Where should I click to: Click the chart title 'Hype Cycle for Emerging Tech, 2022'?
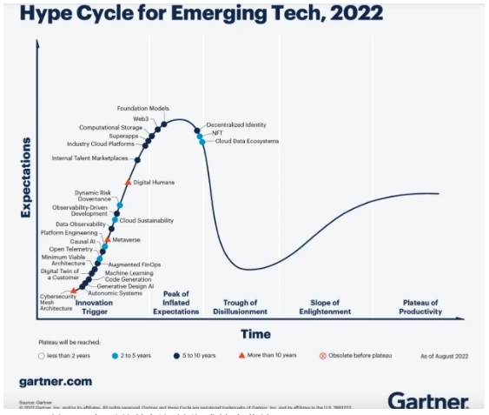[x=188, y=15]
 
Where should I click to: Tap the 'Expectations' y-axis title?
[x=25, y=177]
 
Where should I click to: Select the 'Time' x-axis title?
[x=254, y=333]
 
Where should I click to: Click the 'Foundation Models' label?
[x=142, y=108]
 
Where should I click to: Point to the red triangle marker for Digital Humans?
[x=128, y=182]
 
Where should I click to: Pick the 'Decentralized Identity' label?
[x=235, y=124]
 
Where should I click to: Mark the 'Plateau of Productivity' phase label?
[x=420, y=306]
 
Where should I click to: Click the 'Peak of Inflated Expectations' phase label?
[x=176, y=302]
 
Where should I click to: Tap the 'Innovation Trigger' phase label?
[x=94, y=306]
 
